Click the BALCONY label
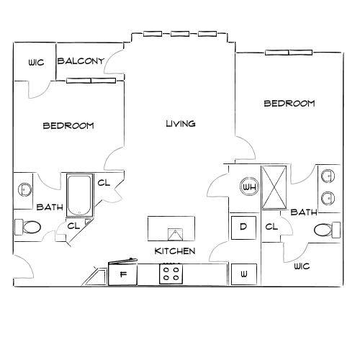81,61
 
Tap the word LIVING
181,124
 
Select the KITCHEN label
175,251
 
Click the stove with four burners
171,274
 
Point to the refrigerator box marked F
122,274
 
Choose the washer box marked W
243,274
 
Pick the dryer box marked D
243,228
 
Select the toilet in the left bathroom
29,228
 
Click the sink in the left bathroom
24,189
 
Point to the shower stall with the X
274,187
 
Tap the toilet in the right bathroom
328,230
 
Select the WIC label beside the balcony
36,63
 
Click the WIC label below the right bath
302,266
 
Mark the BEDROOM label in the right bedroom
289,104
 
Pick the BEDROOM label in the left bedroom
68,126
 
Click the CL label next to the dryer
271,228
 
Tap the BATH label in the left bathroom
50,207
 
